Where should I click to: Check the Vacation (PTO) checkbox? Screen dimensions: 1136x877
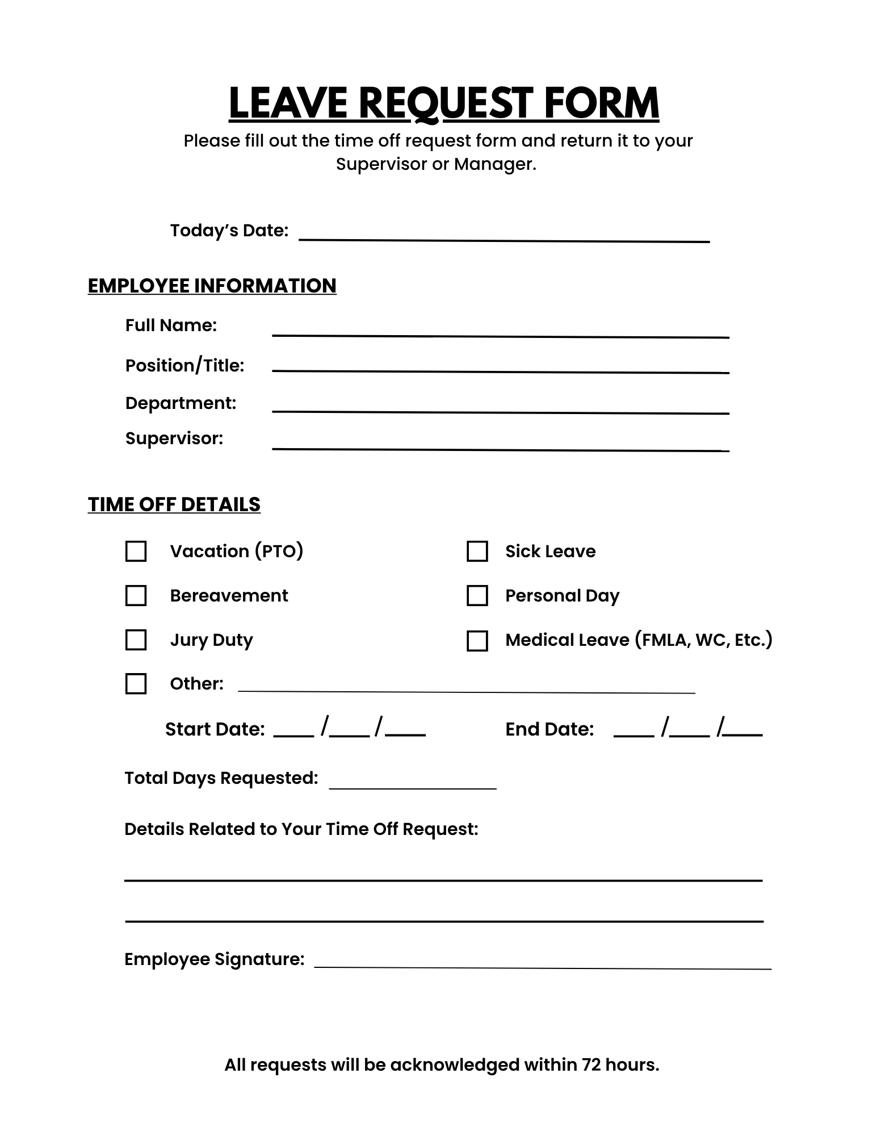136,551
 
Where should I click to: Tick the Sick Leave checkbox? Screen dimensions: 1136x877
477,551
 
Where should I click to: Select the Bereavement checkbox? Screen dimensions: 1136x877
136,595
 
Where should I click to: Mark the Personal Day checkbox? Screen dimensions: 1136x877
477,595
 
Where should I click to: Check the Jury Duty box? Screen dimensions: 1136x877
136,640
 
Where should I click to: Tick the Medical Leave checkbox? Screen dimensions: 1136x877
477,641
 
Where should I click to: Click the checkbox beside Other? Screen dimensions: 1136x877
136,683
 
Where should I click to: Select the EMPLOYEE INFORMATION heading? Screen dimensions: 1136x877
212,286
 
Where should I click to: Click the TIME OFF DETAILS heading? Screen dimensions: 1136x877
174,504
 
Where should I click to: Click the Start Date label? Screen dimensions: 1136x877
215,729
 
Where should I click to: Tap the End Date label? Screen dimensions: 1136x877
549,729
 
